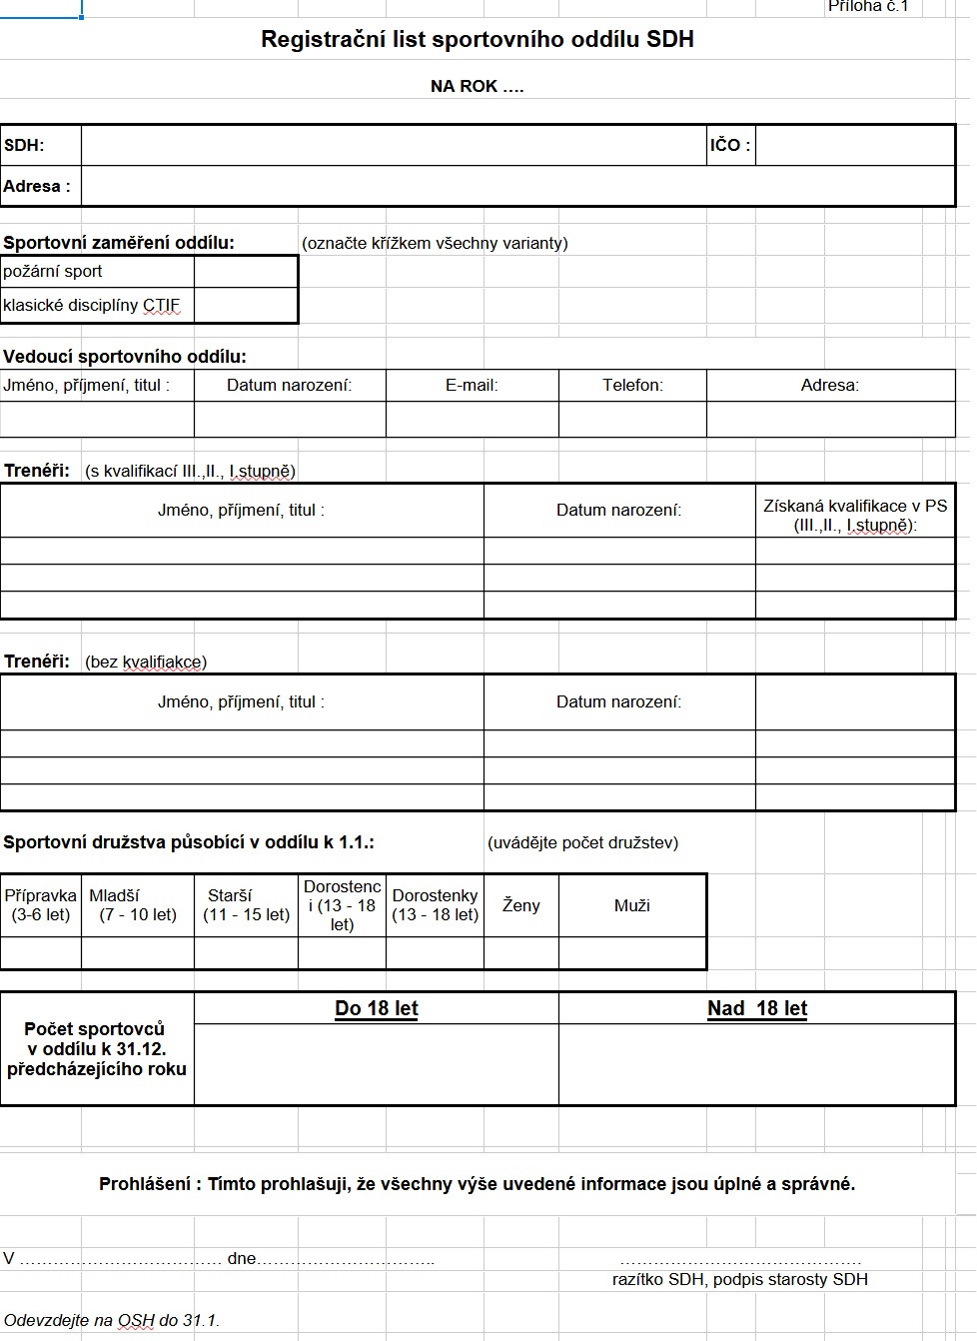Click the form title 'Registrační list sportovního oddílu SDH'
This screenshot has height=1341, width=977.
(478, 40)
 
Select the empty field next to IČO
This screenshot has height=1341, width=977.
(855, 146)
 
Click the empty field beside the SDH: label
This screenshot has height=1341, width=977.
(394, 146)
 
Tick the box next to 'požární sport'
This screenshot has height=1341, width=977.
(246, 272)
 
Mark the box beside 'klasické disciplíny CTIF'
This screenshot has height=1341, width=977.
(246, 306)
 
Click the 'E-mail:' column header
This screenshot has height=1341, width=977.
(472, 386)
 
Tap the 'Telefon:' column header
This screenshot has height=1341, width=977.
(632, 386)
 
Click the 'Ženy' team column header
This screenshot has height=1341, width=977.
(520, 905)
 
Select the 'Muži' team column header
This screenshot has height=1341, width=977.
(632, 905)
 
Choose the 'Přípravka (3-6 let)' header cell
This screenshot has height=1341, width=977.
(41, 905)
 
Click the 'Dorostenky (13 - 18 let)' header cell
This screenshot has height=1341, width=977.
(435, 905)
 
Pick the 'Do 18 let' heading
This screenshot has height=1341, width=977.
(377, 1008)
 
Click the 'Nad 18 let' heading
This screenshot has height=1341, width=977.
(757, 1008)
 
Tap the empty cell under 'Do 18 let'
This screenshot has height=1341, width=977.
(377, 1064)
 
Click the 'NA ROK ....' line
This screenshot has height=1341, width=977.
(478, 87)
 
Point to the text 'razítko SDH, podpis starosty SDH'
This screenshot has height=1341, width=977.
(740, 1279)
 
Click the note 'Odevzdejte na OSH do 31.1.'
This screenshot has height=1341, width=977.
(111, 1320)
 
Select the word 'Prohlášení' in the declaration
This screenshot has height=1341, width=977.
(145, 1184)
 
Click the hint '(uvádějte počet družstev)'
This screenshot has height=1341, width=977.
(583, 842)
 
